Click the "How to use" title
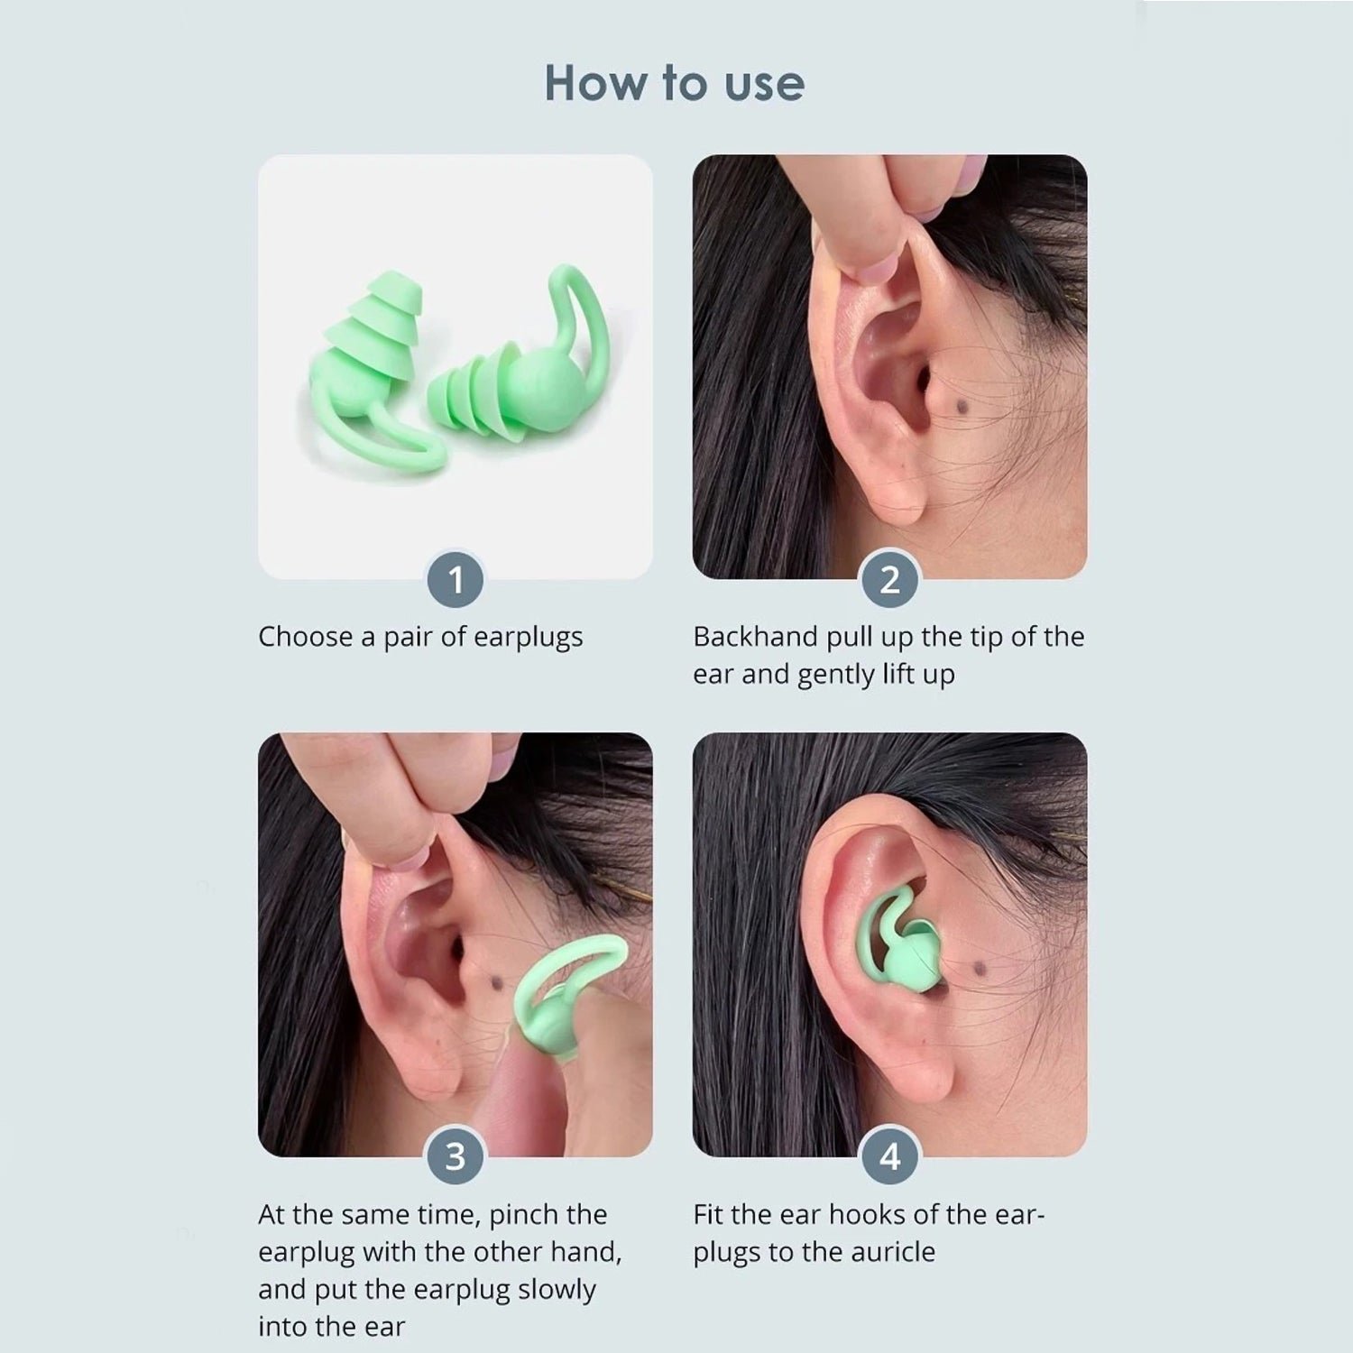click(675, 83)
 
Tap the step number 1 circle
click(456, 580)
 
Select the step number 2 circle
click(889, 580)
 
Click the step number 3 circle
click(456, 1156)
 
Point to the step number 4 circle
click(889, 1156)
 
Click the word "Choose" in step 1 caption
click(305, 637)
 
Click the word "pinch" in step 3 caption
click(521, 1215)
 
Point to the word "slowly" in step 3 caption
click(557, 1290)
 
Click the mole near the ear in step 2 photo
click(958, 410)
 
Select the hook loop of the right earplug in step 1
click(586, 316)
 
